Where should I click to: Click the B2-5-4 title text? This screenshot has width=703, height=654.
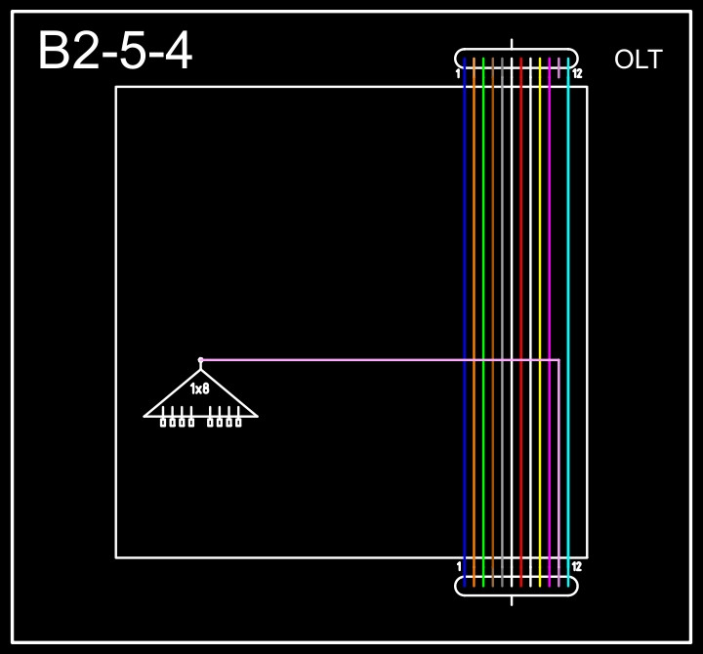pyautogui.click(x=115, y=52)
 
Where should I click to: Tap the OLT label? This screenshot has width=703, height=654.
pyautogui.click(x=638, y=60)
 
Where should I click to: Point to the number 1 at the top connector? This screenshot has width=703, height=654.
pyautogui.click(x=458, y=73)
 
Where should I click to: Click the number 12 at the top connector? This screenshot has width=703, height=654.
pyautogui.click(x=577, y=73)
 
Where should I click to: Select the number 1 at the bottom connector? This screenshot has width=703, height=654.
pyautogui.click(x=459, y=566)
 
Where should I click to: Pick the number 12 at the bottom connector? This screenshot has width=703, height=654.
pyautogui.click(x=577, y=566)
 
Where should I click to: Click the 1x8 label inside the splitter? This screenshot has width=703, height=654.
pyautogui.click(x=200, y=389)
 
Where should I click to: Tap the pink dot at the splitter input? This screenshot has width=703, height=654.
pyautogui.click(x=200, y=360)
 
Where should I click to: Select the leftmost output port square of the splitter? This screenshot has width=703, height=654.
pyautogui.click(x=163, y=423)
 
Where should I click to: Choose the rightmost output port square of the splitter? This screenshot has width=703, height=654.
pyautogui.click(x=238, y=423)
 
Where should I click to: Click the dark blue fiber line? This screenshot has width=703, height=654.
pyautogui.click(x=465, y=293)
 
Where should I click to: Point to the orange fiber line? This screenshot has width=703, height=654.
pyautogui.click(x=475, y=293)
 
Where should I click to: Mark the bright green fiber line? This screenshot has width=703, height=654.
pyautogui.click(x=483, y=293)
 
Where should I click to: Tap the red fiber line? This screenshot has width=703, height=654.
pyautogui.click(x=521, y=293)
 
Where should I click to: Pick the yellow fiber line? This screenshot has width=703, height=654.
pyautogui.click(x=540, y=293)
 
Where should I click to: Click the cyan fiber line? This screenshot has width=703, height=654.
pyautogui.click(x=568, y=293)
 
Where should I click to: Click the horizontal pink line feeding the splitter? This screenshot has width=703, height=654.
pyautogui.click(x=381, y=360)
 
